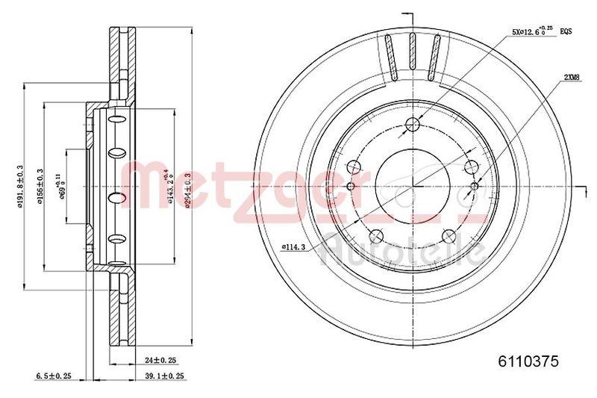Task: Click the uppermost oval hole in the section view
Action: pos(117,120)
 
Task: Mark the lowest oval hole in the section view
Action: pos(117,240)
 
